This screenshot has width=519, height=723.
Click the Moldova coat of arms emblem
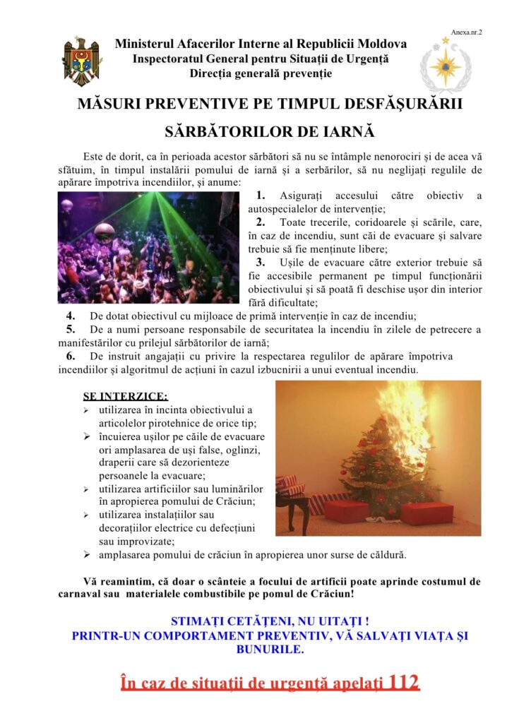(82, 61)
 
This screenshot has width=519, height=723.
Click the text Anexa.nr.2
(467, 32)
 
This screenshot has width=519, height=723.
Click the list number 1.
(261, 196)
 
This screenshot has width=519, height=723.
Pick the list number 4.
(71, 316)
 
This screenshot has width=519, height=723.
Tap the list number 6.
(71, 356)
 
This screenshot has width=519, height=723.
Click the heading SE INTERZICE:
(126, 395)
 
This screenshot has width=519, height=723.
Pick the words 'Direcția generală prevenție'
(261, 73)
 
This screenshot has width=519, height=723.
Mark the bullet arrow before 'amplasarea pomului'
(86, 555)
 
